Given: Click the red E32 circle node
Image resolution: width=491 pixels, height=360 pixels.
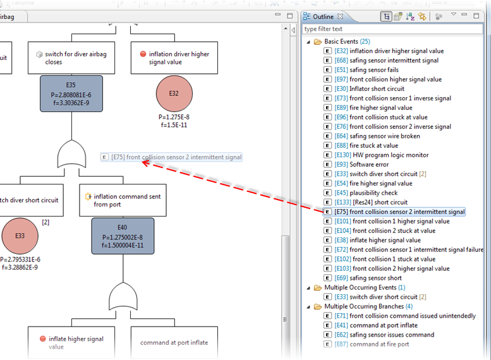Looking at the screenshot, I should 174,93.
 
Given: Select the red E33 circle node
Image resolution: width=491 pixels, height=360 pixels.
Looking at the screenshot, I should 20,235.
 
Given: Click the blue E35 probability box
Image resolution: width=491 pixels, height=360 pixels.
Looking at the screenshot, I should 71,93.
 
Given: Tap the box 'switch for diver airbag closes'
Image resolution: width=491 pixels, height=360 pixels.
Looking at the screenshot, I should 71,58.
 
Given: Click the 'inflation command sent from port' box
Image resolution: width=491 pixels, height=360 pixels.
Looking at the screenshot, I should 123,200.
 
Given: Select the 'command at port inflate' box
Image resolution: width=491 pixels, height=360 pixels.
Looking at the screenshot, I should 174,343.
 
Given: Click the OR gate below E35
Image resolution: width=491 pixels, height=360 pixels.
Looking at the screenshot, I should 71,154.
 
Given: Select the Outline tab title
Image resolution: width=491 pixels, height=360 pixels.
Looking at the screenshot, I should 324,16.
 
